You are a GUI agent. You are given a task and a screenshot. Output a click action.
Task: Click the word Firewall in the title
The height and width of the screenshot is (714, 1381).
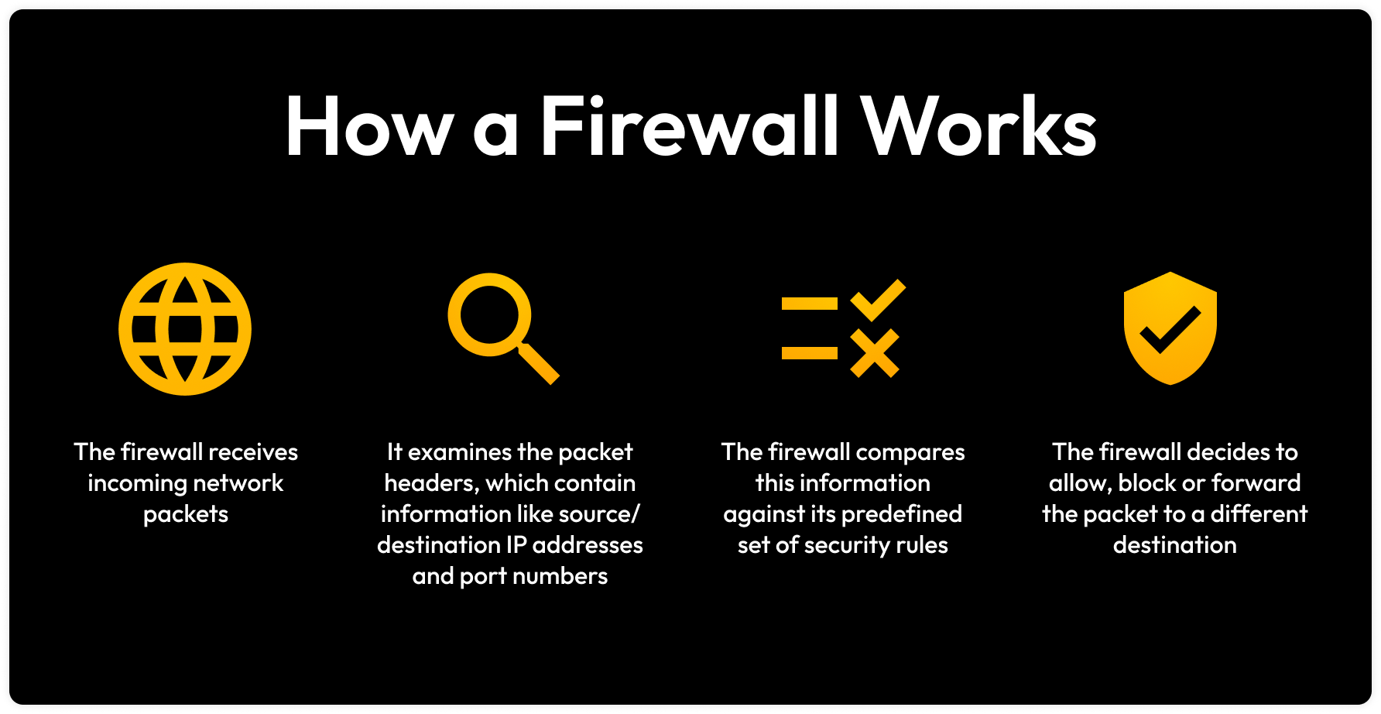click(x=689, y=125)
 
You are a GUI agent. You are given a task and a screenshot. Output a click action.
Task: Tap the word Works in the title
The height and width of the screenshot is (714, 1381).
click(x=979, y=125)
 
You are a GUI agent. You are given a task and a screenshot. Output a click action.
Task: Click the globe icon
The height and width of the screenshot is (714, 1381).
click(x=185, y=329)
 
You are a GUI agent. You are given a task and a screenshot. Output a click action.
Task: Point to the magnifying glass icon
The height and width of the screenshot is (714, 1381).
click(x=489, y=315)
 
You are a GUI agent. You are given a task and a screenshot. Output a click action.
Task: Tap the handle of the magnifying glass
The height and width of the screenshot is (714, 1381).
click(x=538, y=364)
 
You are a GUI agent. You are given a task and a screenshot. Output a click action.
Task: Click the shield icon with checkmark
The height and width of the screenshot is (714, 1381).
click(x=1170, y=328)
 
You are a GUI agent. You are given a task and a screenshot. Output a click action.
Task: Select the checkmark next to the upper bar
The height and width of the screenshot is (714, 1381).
click(x=878, y=300)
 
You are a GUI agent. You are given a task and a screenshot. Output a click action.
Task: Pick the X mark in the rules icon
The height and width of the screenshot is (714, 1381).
click(x=875, y=353)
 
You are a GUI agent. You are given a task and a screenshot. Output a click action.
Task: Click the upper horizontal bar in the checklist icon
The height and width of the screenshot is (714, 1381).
click(x=809, y=304)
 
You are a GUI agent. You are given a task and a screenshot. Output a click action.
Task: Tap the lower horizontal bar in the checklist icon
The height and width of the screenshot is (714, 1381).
click(x=809, y=353)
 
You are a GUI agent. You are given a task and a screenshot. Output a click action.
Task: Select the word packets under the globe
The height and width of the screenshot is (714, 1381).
click(x=186, y=514)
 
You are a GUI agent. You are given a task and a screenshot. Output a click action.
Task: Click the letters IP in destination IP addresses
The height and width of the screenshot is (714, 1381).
click(x=516, y=545)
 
